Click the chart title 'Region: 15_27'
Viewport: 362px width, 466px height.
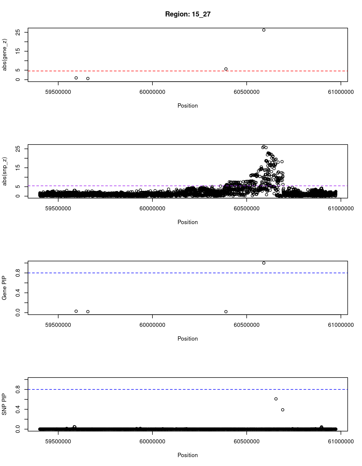coord(188,14)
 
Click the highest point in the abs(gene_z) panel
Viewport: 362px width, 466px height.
coord(264,30)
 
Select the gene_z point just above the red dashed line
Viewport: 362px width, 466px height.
coord(226,69)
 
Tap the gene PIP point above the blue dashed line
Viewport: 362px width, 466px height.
coord(264,263)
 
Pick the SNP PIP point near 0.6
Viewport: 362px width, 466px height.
coord(276,399)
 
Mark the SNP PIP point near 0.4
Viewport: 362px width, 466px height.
coord(283,410)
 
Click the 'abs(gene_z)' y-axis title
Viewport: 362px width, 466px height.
coord(5,55)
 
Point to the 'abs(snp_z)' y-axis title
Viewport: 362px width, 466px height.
coord(5,171)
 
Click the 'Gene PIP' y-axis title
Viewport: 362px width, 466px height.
coord(5,288)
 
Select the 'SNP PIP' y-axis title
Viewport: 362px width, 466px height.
coord(5,404)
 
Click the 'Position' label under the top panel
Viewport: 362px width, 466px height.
coord(187,106)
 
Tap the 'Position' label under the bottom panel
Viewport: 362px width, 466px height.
coord(187,455)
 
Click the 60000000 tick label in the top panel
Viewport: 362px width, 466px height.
coord(152,92)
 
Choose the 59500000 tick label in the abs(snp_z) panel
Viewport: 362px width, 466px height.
coord(58,208)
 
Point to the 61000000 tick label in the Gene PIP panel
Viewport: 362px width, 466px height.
coord(340,325)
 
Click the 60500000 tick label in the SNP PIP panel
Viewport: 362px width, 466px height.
coord(246,441)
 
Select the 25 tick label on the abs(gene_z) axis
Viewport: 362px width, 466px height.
coord(18,32)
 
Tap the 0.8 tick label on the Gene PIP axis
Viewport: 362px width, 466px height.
coord(18,273)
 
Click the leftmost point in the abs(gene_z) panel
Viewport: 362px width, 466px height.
coord(76,78)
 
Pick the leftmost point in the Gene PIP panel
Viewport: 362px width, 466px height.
coord(76,311)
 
